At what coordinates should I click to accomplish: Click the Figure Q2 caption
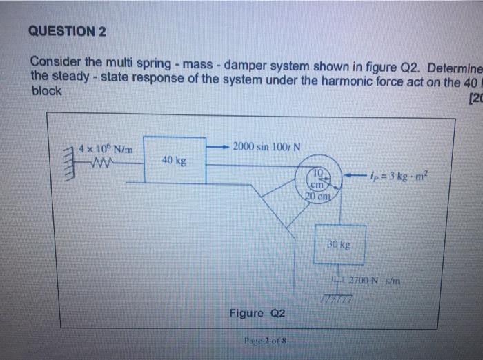pos(257,314)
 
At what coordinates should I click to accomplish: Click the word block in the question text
pos(46,91)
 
